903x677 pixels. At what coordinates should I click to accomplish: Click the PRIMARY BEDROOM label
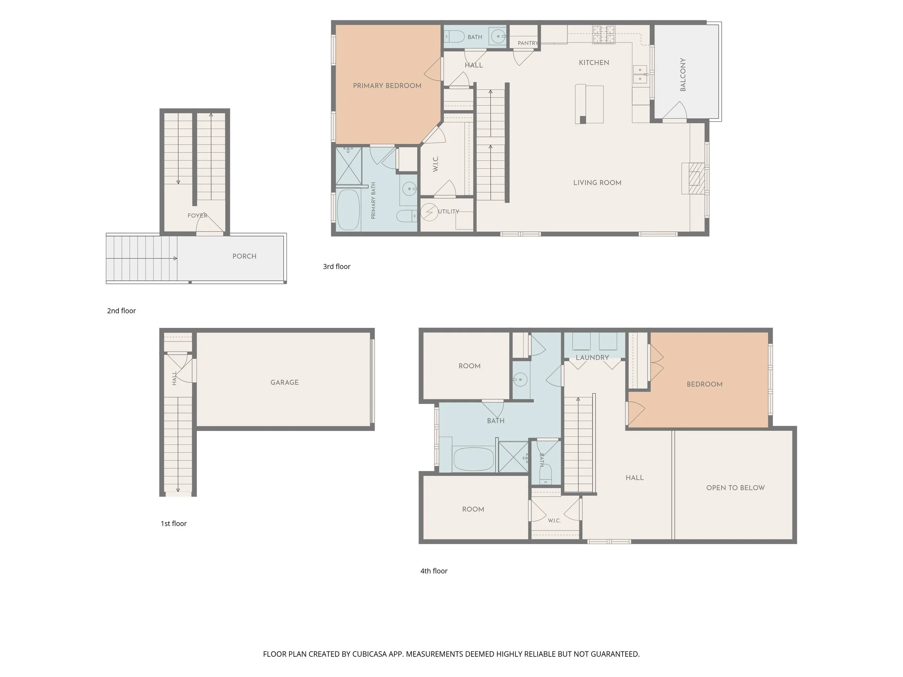tap(387, 86)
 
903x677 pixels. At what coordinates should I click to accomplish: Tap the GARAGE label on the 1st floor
tap(285, 382)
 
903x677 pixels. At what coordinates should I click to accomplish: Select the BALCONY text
tap(683, 74)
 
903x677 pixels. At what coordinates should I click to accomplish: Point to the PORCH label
tap(245, 256)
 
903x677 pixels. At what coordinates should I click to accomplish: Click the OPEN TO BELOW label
tap(736, 488)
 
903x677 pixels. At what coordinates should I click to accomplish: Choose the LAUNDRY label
tap(592, 357)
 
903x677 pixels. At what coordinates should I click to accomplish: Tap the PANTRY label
tap(528, 43)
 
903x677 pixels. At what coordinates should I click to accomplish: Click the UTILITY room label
tap(449, 211)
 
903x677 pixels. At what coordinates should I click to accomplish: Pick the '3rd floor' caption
tap(337, 266)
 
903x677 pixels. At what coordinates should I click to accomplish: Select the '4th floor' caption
tap(434, 571)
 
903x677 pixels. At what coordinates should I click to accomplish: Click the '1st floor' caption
tap(173, 524)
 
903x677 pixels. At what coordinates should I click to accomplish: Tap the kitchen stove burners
tap(604, 34)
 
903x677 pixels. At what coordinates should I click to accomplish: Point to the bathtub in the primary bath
tap(348, 210)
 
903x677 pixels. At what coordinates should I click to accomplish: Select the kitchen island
tap(589, 104)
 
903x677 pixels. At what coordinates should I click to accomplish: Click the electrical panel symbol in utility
tap(429, 212)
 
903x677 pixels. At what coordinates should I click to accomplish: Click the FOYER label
tap(197, 216)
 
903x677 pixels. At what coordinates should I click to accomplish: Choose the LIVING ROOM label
tap(597, 183)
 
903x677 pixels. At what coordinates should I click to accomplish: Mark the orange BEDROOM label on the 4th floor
tap(705, 384)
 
